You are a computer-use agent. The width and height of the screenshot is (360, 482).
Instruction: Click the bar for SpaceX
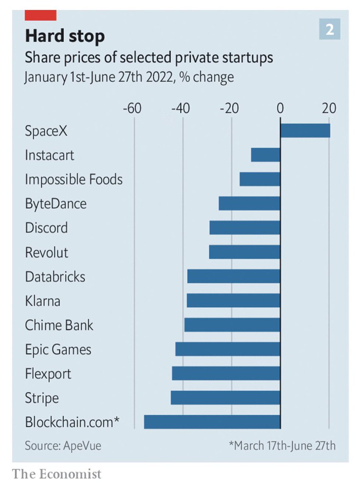pyautogui.click(x=305, y=131)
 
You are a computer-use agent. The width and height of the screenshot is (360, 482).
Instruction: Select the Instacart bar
pyautogui.click(x=265, y=155)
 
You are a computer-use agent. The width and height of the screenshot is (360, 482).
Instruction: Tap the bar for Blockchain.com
pyautogui.click(x=212, y=422)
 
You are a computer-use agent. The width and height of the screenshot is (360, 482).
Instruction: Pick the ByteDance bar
pyautogui.click(x=249, y=204)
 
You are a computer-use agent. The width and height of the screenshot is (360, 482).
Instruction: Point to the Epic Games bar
pyautogui.click(x=228, y=349)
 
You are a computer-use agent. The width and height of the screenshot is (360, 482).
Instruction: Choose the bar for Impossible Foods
pyautogui.click(x=260, y=179)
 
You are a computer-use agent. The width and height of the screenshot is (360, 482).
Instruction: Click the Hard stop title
pyautogui.click(x=65, y=37)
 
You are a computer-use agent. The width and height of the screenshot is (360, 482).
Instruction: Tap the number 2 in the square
pyautogui.click(x=329, y=29)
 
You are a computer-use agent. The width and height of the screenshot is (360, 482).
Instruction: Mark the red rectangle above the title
pyautogui.click(x=41, y=15)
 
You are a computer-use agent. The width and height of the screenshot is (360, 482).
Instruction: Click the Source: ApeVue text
pyautogui.click(x=63, y=446)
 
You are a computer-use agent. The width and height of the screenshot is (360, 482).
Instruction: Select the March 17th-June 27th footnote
pyautogui.click(x=282, y=446)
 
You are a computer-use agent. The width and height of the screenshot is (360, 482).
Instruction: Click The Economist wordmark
pyautogui.click(x=57, y=474)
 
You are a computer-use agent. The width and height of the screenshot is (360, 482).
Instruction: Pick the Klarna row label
pyautogui.click(x=43, y=301)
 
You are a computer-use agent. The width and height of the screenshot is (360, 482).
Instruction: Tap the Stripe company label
pyautogui.click(x=42, y=398)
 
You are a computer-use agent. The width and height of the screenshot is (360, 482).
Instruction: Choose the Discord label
pyautogui.click(x=46, y=228)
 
